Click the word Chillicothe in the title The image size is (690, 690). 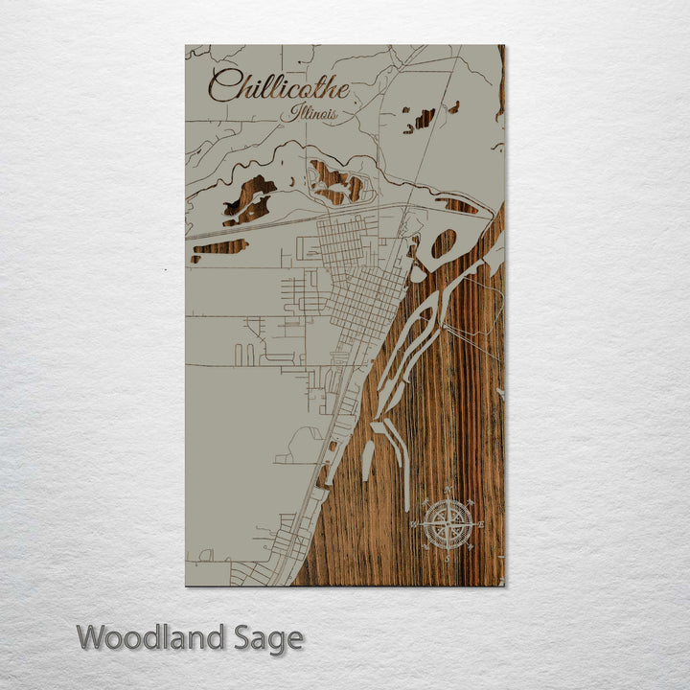(278, 87)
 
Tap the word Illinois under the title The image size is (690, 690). (315, 114)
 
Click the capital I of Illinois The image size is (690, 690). (296, 113)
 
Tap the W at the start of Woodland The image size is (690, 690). (93, 637)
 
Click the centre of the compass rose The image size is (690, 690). (447, 524)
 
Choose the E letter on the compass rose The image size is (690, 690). (479, 524)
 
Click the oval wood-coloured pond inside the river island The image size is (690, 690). (444, 244)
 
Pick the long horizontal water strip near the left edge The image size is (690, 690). (219, 247)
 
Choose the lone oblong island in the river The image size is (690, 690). (367, 460)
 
